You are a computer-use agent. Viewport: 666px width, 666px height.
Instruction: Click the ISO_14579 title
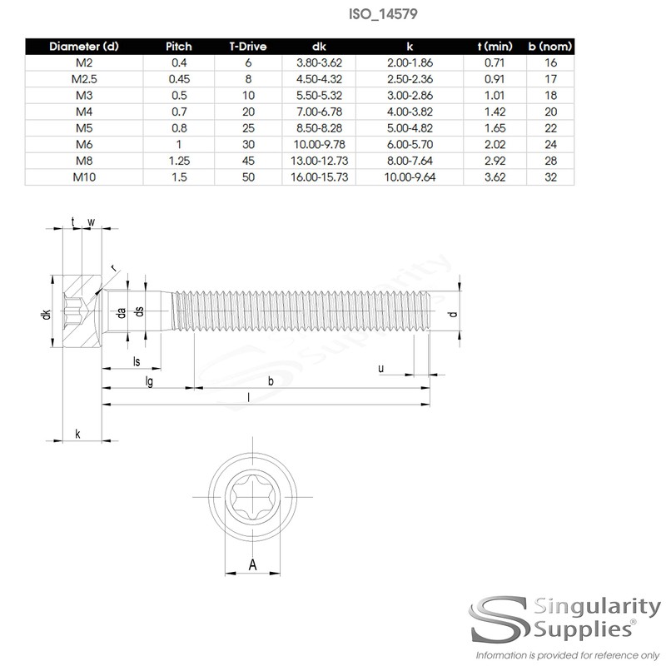point(383,14)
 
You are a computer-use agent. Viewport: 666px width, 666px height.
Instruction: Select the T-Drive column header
point(248,47)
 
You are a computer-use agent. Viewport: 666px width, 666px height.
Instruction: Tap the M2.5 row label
point(84,79)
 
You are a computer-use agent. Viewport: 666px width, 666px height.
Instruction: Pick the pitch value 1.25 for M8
point(179,161)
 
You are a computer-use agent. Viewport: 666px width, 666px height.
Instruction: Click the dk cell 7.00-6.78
point(320,112)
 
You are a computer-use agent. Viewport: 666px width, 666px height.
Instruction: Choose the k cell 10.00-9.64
point(410,177)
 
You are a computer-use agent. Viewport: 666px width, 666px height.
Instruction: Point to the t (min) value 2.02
point(495,144)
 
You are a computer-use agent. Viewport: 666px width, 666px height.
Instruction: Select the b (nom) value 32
point(550,177)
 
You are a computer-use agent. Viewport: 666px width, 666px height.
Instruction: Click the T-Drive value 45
point(248,161)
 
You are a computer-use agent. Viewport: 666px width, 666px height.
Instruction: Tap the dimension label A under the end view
point(253,565)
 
